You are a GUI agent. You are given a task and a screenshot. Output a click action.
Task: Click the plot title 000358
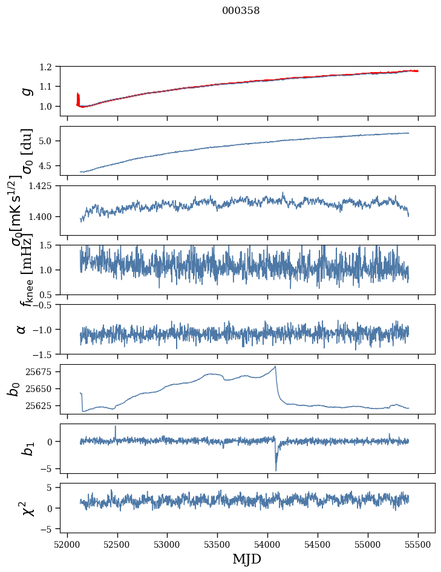click(241, 11)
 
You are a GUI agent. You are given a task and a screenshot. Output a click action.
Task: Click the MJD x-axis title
click(247, 559)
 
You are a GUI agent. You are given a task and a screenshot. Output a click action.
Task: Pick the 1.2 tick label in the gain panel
click(50, 67)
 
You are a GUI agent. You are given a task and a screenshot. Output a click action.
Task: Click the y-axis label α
click(22, 329)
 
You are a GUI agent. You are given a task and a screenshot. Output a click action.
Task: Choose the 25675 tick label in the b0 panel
click(42, 371)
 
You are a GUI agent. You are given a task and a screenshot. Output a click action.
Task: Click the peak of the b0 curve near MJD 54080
click(276, 367)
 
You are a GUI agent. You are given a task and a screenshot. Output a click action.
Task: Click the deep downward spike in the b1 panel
click(276, 470)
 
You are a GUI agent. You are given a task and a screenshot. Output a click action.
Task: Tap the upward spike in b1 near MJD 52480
click(116, 427)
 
